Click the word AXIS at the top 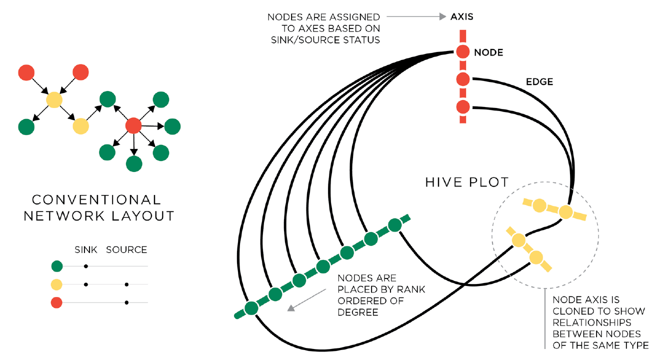point(461,16)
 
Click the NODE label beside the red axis point(488,52)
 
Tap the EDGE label point(539,82)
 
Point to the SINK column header point(85,249)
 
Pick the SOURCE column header point(126,249)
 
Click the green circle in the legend point(56,266)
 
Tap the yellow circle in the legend point(56,284)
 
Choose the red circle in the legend point(56,302)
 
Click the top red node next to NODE point(462,51)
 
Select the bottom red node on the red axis point(462,107)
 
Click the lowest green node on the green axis point(251,307)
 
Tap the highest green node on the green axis point(395,225)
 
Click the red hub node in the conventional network point(133,125)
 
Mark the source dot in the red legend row point(126,302)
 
